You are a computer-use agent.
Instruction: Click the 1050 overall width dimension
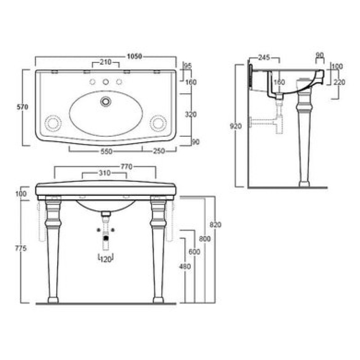135,56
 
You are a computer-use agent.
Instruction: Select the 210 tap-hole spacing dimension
106,62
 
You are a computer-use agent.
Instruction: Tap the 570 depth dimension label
22,107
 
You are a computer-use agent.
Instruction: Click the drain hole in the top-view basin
106,101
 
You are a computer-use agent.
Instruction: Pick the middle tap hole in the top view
106,81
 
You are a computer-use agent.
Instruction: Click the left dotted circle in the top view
53,123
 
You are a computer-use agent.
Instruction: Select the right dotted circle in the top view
158,123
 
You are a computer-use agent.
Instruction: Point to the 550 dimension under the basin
107,152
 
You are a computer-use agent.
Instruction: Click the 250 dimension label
159,151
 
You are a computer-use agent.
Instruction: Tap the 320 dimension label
191,114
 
